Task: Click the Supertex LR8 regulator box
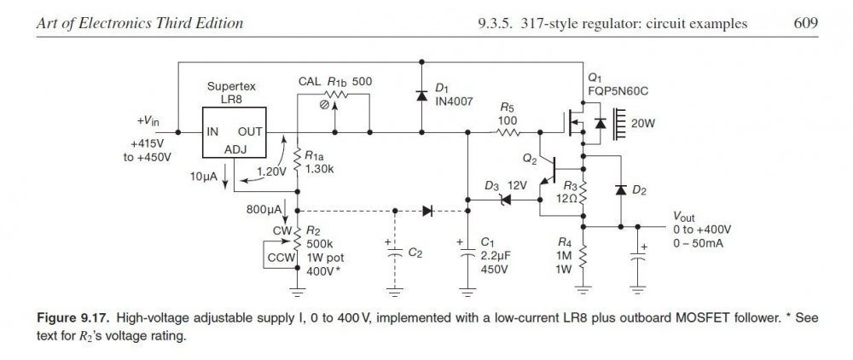[233, 134]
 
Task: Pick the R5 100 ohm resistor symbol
[508, 133]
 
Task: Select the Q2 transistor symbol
[554, 169]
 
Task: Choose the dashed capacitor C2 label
[415, 253]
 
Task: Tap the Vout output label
[688, 217]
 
